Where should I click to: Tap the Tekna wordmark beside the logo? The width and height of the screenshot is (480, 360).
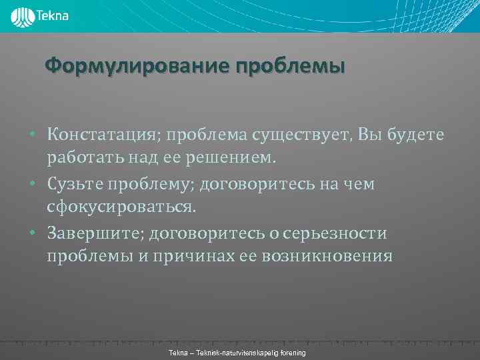(53, 15)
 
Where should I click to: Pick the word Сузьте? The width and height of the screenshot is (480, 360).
(73, 184)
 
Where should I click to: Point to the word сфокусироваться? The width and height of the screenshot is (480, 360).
(122, 208)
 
